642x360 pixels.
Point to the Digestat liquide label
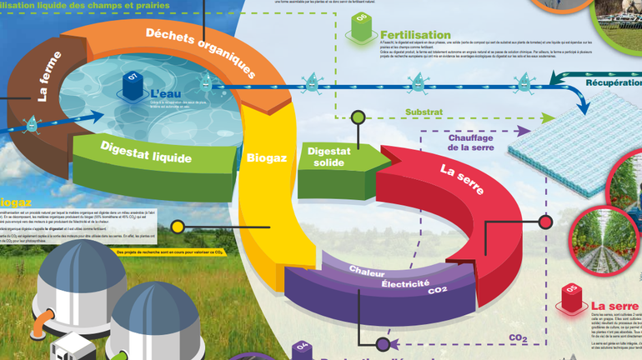pos(146,156)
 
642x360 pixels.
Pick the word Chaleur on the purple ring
pos(367,272)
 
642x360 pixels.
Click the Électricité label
pos(405,284)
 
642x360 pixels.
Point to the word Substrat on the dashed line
pos(424,111)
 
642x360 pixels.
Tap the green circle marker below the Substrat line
pos(358,117)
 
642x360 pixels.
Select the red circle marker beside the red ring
pos(545,222)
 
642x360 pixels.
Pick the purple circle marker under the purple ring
pos(383,343)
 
